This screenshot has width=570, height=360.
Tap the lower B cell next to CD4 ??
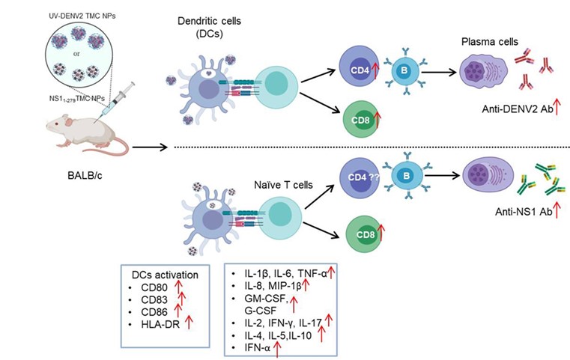coord(404,178)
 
